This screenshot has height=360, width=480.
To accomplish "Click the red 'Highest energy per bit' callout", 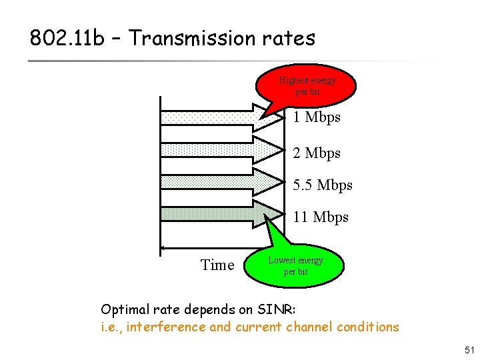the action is [307, 85].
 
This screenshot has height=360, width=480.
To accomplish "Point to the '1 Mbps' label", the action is [317, 117].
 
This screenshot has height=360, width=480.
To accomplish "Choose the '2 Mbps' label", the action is [317, 153].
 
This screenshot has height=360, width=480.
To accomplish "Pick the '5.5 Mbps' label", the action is [323, 185].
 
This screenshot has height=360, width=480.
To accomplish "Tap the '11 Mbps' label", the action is [321, 217].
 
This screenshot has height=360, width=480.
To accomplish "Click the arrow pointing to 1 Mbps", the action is [220, 118].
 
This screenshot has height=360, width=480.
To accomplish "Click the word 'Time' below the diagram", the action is [217, 265].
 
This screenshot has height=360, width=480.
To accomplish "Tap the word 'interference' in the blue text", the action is [166, 327].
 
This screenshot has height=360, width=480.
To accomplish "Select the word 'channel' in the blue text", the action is [312, 327].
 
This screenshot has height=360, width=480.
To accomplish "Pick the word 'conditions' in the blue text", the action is [370, 327].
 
